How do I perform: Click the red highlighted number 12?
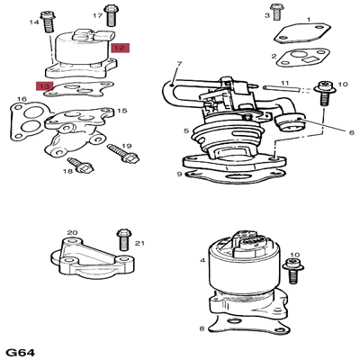point(120,48)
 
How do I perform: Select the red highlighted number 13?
point(45,86)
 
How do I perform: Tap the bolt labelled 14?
point(48,22)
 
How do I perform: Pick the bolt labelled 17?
point(111,15)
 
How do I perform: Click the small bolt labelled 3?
point(275,13)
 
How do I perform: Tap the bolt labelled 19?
point(123,153)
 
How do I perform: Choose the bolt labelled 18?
point(80,166)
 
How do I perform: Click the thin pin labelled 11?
point(282,88)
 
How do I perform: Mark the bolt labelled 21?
point(123,239)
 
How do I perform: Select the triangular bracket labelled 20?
point(93,258)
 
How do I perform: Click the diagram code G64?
point(21,352)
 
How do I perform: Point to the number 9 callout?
point(179,174)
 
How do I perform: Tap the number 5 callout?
point(186,130)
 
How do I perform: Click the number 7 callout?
point(179,64)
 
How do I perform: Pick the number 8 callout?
point(202,328)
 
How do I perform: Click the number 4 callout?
point(202,260)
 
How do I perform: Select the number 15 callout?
point(122,111)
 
